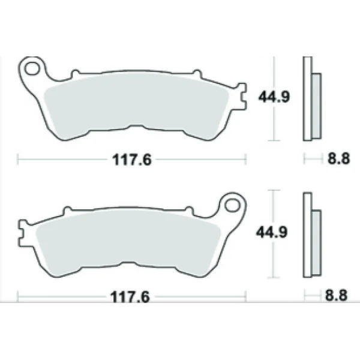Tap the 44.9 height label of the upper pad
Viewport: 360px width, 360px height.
(x=274, y=96)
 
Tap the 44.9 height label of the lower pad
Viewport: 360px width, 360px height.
(x=274, y=231)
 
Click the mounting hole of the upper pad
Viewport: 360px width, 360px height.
(x=34, y=68)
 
